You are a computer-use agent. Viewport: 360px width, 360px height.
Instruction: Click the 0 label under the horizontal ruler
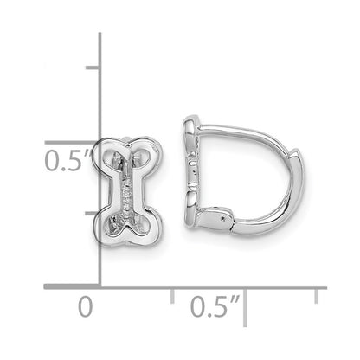84,306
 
